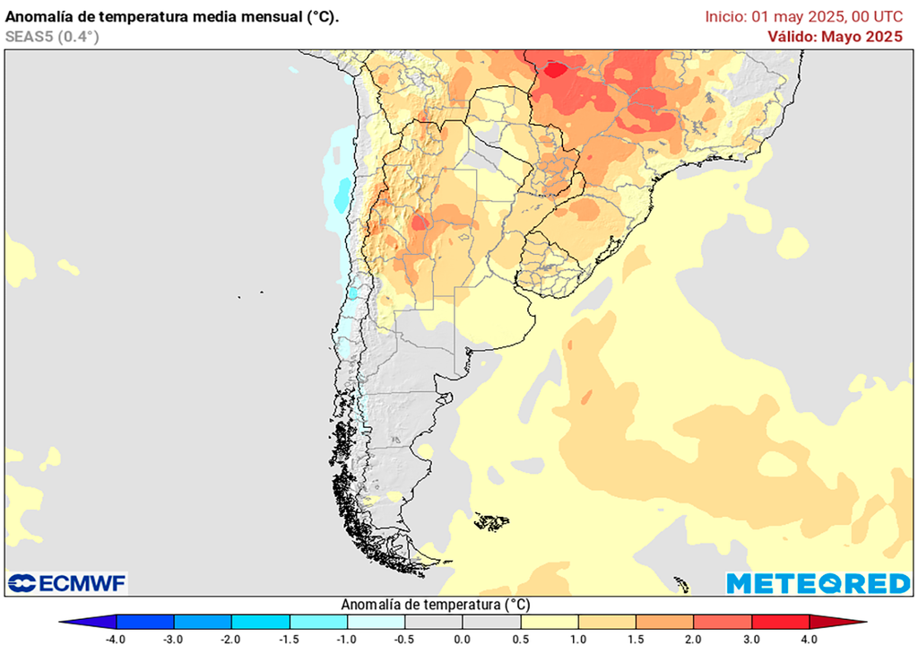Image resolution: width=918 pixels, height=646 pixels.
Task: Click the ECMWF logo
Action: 67,583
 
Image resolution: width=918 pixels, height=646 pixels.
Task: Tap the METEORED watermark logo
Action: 818,583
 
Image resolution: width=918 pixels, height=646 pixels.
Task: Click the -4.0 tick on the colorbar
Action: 116,639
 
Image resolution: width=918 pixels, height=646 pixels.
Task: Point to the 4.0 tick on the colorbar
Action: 809,639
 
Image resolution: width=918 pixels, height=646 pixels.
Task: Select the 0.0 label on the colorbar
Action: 463,639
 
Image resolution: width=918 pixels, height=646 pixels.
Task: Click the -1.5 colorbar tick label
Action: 289,639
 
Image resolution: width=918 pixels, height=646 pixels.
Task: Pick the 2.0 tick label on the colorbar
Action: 693,639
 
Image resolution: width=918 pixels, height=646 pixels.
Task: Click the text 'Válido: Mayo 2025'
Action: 835,36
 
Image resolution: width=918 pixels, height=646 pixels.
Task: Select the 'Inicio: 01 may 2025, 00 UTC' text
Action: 810,16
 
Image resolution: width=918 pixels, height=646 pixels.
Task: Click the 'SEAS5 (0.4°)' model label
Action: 52,37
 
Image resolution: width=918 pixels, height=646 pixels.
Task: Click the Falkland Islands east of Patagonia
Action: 492,520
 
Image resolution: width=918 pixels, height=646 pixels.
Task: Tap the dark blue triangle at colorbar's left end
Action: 90,622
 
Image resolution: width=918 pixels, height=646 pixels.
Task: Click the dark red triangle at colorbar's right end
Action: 836,622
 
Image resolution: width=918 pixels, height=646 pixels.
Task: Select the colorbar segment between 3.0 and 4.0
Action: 780,622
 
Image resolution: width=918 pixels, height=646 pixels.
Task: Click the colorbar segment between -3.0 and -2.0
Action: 203,622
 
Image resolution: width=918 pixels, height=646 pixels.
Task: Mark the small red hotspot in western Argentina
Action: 418,222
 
